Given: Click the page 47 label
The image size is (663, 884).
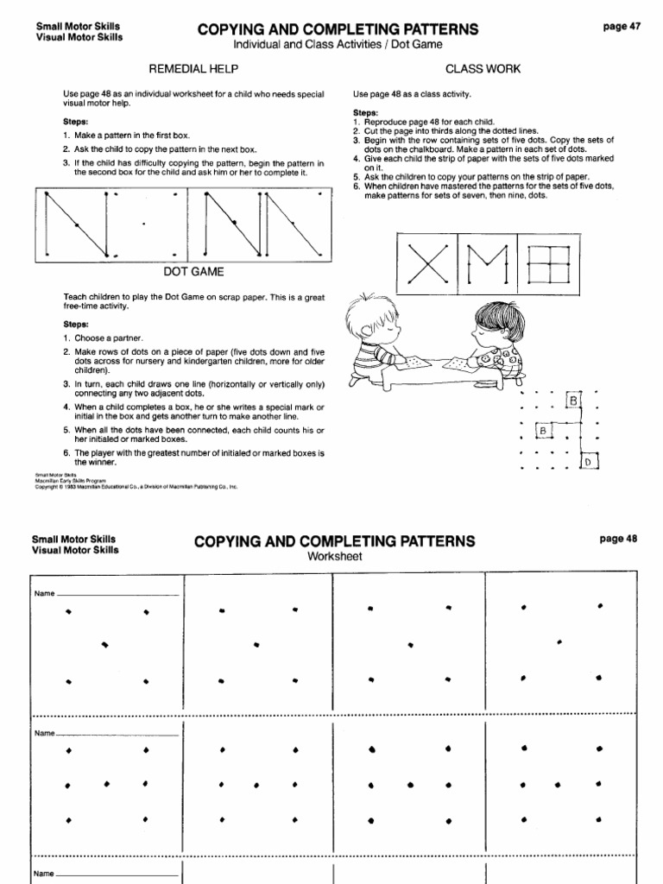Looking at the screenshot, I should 620,27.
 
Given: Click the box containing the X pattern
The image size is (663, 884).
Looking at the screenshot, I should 426,260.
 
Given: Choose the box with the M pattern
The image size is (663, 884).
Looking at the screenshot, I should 488,260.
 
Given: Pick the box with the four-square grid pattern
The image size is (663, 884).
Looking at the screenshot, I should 549,260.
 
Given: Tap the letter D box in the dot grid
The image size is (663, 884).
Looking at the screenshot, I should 589,462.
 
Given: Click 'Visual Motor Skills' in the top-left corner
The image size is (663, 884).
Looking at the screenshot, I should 79,37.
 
